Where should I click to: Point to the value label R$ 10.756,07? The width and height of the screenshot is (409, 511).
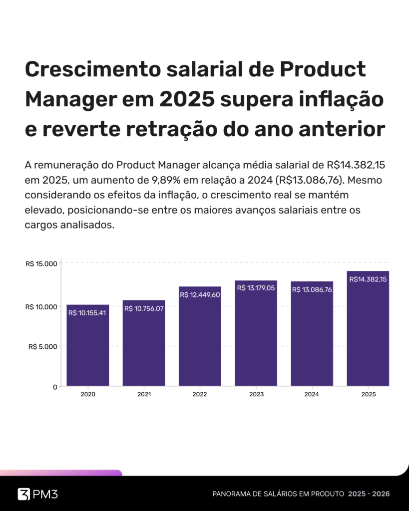[144, 308]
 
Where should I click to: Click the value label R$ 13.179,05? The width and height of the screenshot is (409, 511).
[256, 288]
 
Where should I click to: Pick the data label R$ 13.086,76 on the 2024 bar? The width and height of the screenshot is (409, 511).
[312, 289]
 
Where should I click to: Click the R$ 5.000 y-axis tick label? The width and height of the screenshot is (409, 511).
[43, 346]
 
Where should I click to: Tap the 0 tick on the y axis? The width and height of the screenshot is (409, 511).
[55, 387]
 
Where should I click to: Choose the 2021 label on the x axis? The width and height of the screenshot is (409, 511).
[144, 394]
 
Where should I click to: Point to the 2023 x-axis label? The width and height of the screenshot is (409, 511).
[256, 394]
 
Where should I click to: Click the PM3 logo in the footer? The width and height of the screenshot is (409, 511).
[38, 494]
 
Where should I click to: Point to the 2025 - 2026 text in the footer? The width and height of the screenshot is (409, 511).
[369, 494]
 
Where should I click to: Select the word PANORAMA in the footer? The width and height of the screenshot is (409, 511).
[232, 494]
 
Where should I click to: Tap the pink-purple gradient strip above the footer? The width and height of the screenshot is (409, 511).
[60, 473]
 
